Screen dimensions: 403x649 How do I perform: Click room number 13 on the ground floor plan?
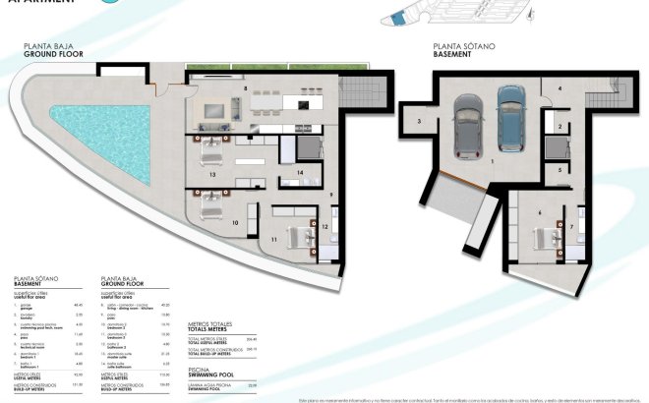click(212, 174)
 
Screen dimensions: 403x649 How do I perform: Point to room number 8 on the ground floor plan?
click(245, 88)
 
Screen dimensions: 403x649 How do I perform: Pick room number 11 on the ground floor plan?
click(274, 237)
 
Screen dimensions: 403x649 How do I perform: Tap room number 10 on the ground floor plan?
click(235, 223)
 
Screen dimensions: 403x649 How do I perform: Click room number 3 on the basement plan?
click(418, 121)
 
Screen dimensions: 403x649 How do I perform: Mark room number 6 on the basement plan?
click(539, 212)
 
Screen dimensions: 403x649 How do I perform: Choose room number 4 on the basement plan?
click(560, 89)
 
